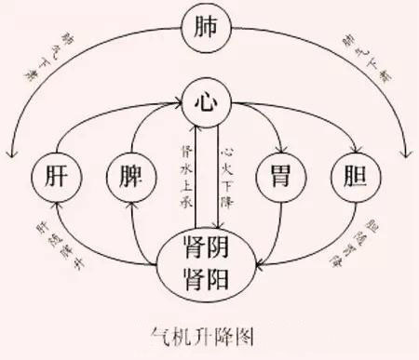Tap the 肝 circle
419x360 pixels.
coord(53,176)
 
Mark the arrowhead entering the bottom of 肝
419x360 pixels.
coord(55,204)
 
